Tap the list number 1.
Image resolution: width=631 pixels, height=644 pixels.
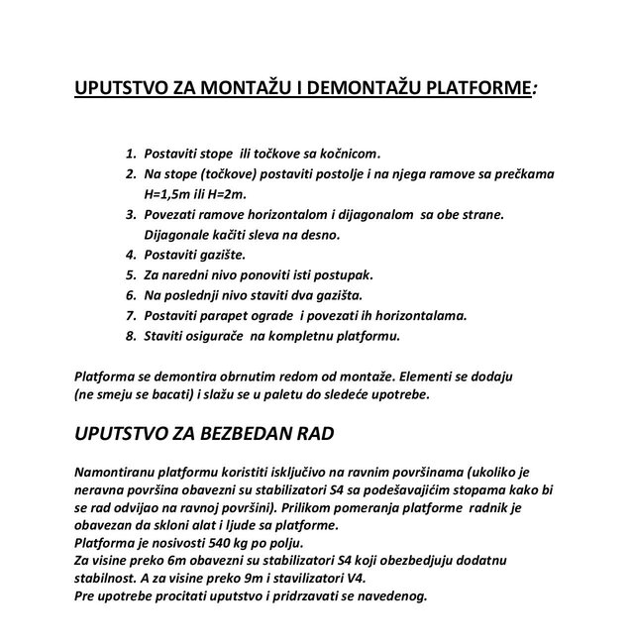(130, 154)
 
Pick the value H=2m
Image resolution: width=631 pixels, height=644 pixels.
(255, 194)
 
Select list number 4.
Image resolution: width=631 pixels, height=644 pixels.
(130, 255)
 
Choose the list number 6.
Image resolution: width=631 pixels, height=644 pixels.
(130, 295)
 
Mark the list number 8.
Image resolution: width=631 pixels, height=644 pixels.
(130, 336)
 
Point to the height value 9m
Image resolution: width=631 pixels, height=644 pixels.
(243, 579)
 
